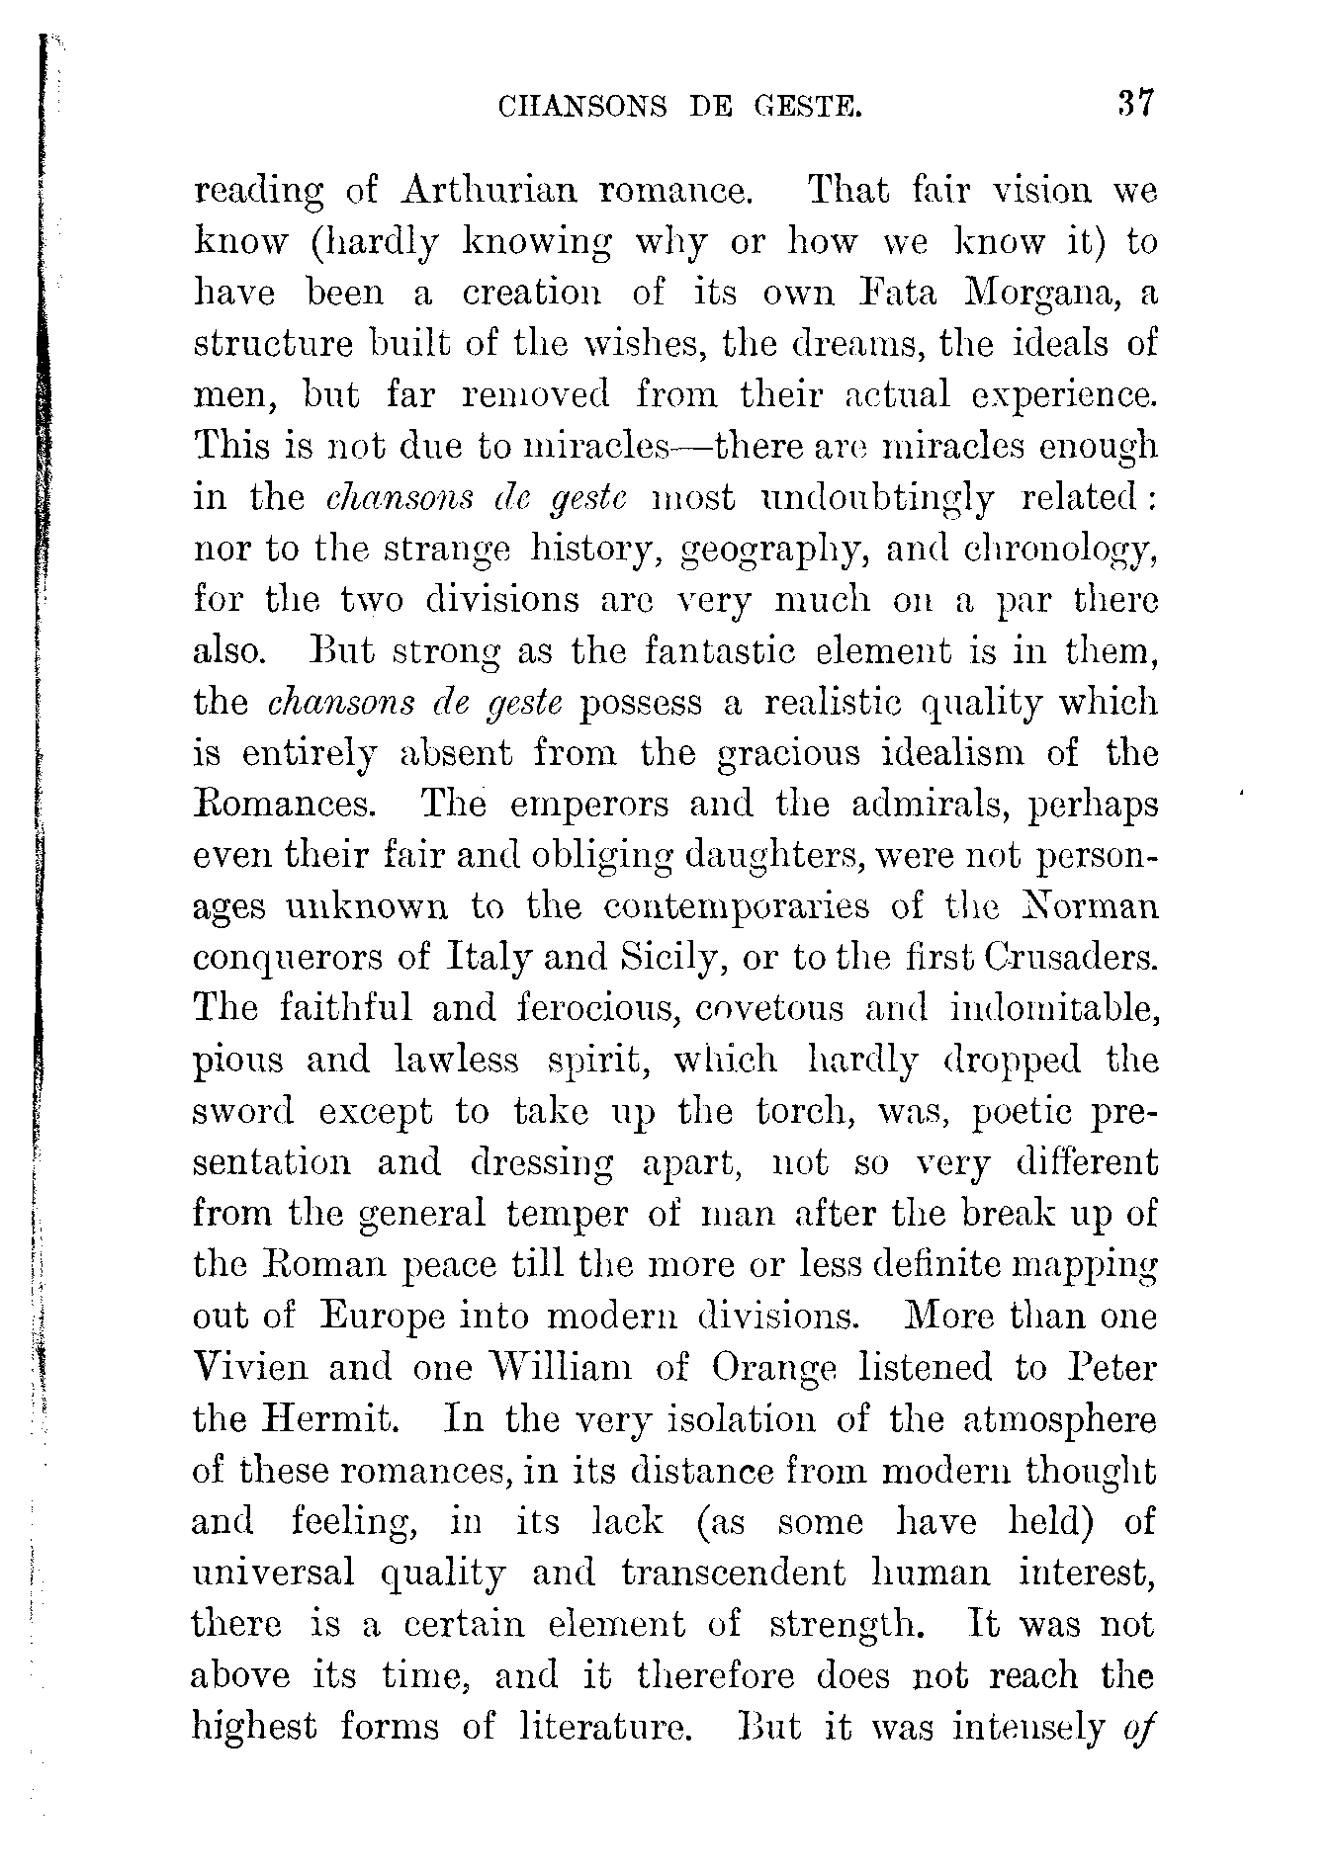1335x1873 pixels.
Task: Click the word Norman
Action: (1088, 907)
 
